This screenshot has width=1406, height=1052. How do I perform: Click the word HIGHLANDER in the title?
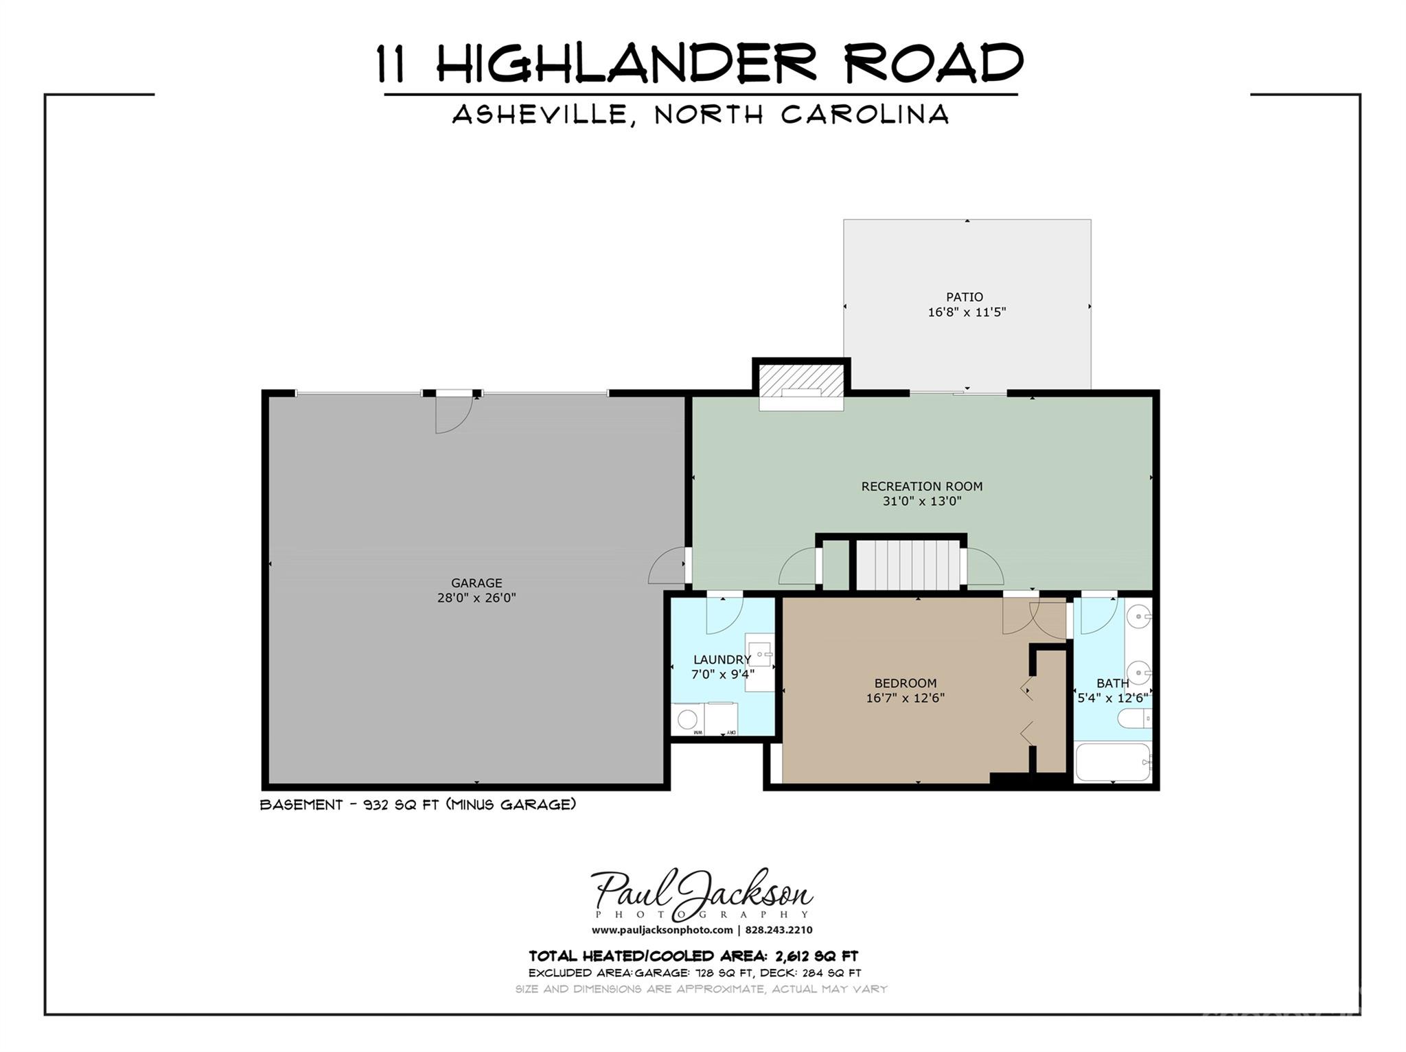pyautogui.click(x=626, y=63)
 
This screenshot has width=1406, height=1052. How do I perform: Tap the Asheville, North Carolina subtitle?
pyautogui.click(x=700, y=114)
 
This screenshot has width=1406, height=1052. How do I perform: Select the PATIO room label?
pyautogui.click(x=965, y=297)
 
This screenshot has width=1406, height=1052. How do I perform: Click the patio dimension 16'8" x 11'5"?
pyautogui.click(x=967, y=312)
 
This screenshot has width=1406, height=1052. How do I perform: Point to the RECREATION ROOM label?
pyautogui.click(x=921, y=487)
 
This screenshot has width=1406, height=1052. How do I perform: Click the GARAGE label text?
pyautogui.click(x=476, y=583)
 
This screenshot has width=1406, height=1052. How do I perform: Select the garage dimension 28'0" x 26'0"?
pyautogui.click(x=476, y=598)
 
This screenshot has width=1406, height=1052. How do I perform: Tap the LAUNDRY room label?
pyautogui.click(x=722, y=659)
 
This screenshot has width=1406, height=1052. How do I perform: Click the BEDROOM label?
pyautogui.click(x=905, y=683)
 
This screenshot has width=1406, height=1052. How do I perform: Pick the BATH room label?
pyautogui.click(x=1112, y=683)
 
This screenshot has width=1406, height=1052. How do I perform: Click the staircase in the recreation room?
pyautogui.click(x=908, y=565)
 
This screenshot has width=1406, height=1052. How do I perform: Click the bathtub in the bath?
pyautogui.click(x=1112, y=762)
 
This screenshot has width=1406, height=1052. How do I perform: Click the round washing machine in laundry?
pyautogui.click(x=687, y=718)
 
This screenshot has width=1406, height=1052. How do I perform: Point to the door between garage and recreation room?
pyautogui.click(x=667, y=565)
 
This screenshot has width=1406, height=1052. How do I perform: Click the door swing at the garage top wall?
pyautogui.click(x=453, y=414)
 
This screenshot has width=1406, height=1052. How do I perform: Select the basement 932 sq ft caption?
pyautogui.click(x=417, y=804)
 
